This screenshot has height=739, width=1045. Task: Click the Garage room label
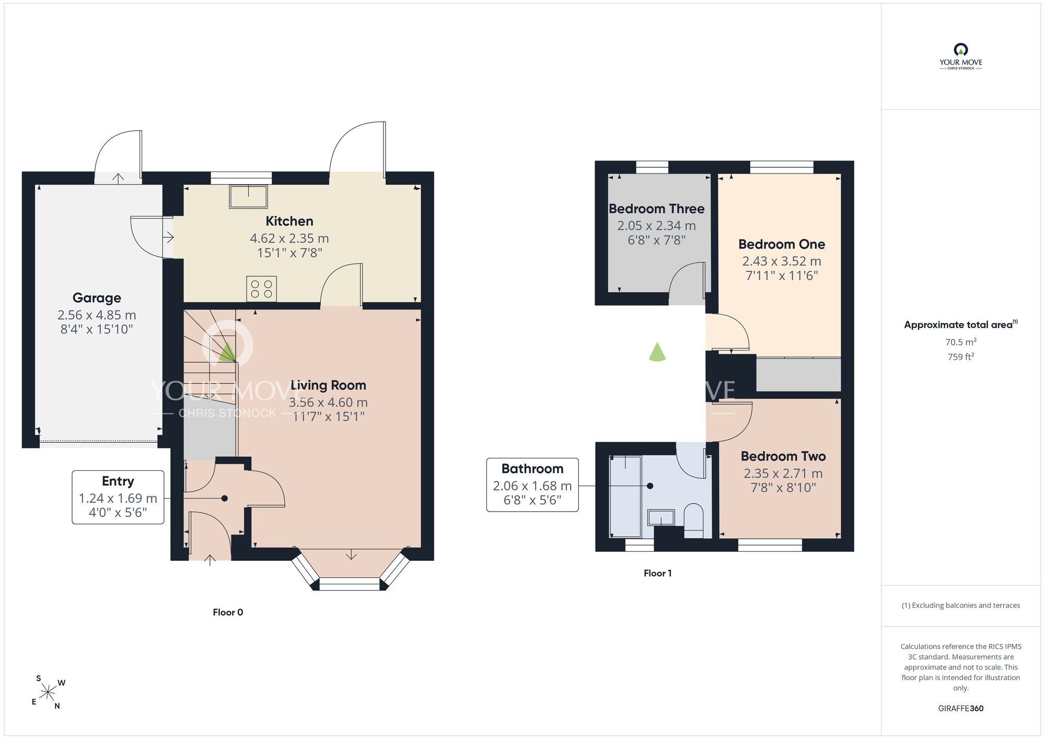pos(97,298)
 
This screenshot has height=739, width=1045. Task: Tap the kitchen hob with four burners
pos(261,289)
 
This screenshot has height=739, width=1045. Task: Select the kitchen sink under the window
pos(248,197)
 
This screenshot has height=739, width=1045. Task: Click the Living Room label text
pos(328,385)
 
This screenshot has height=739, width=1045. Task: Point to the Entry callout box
pos(118,497)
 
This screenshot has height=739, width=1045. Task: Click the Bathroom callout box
pos(532,485)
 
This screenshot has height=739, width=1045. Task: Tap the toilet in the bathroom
pos(694,521)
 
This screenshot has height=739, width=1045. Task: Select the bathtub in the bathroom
pos(626,496)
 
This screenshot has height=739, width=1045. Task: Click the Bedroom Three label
pos(657,209)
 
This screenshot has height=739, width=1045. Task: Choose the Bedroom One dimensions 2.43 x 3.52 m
pos(782,261)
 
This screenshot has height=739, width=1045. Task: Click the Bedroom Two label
pos(783,456)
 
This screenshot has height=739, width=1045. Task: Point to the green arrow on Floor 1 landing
pos(657,352)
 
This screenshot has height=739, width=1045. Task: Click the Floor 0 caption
pos(228,613)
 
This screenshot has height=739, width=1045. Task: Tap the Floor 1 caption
pos(658,573)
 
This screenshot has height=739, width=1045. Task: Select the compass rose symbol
pos(48,693)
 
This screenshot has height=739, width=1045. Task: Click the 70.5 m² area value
pos(961,342)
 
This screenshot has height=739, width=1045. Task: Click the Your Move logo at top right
pos(961,56)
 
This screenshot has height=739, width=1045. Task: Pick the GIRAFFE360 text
pos(961,709)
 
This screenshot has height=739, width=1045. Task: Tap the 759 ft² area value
pos(961,357)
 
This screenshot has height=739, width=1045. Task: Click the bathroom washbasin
pos(661,518)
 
